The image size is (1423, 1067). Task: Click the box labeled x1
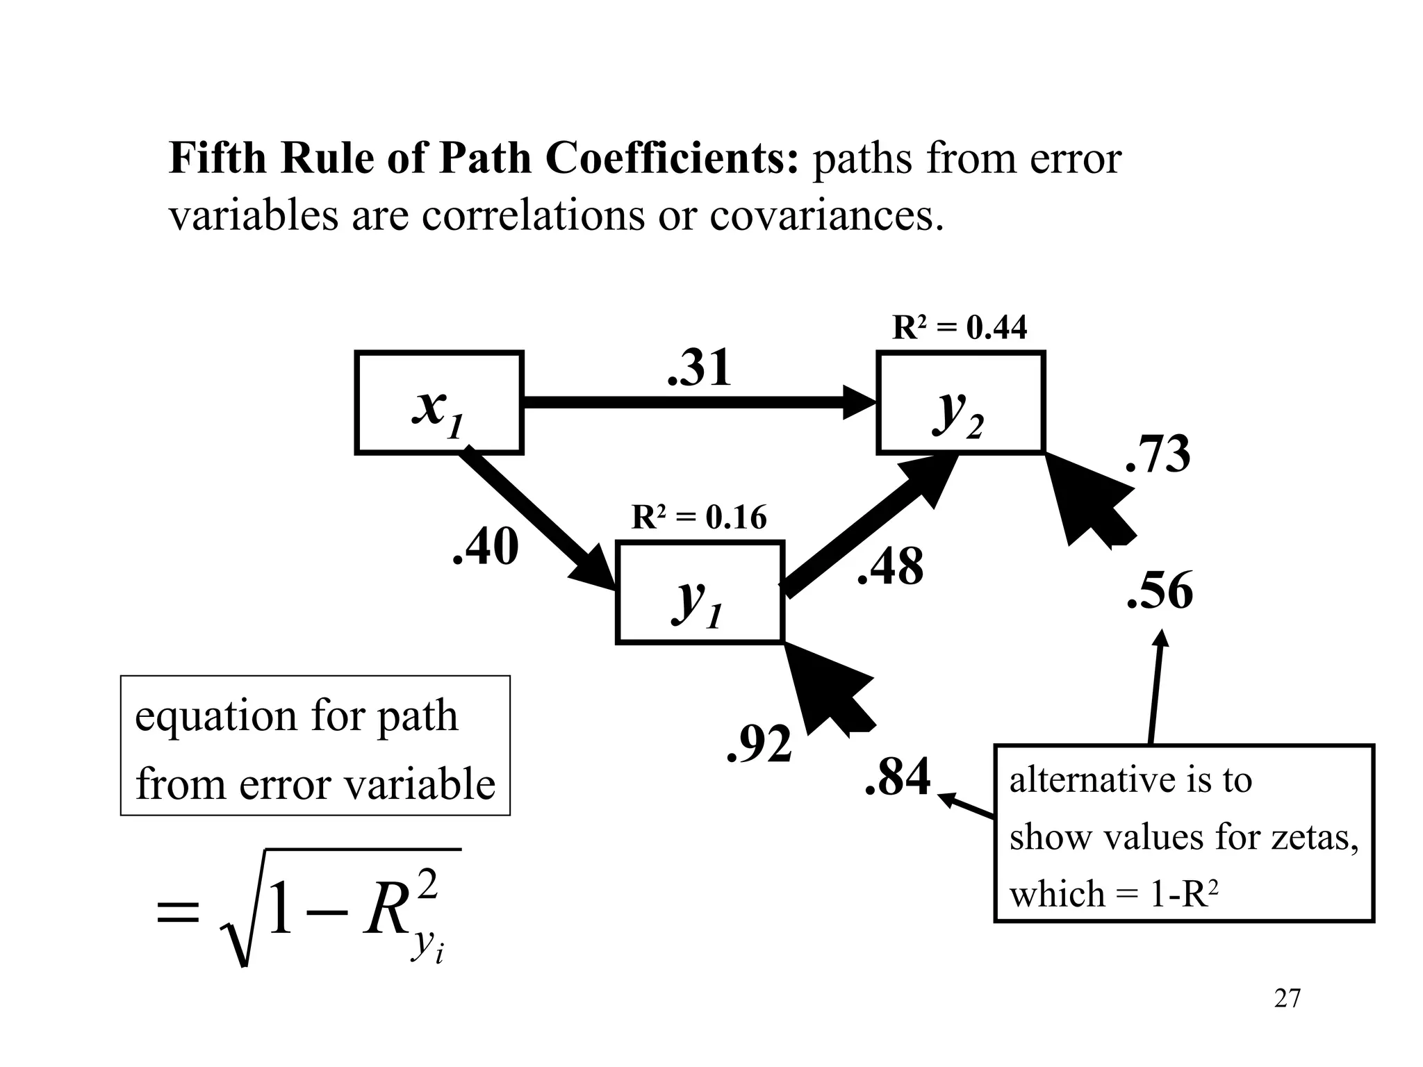[438, 403]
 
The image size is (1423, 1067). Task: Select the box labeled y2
[960, 403]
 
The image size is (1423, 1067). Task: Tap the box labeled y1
[700, 593]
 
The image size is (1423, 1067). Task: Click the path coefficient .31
[699, 368]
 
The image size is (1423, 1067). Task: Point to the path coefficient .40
[485, 547]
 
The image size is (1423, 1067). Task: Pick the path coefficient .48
[890, 567]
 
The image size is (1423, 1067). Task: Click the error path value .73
[1158, 455]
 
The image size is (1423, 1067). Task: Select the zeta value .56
[1160, 591]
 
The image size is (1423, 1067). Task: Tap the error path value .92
[759, 744]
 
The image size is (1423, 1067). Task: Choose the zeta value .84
[897, 777]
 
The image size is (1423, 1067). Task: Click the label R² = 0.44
[959, 327]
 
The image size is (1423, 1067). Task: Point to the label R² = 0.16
[698, 518]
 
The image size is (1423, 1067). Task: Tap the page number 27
[1287, 998]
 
